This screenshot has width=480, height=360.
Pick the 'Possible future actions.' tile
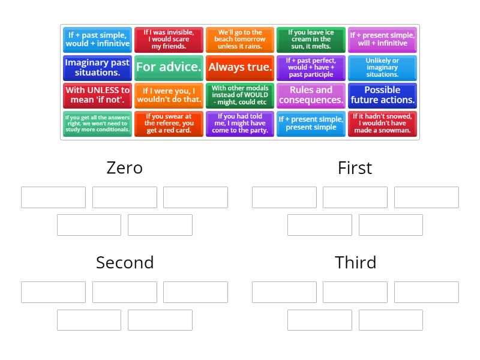(x=382, y=95)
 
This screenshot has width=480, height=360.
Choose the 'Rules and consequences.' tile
(x=311, y=95)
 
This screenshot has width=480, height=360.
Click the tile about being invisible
(x=169, y=40)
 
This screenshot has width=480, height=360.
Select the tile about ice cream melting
(x=311, y=40)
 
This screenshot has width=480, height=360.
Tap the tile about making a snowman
(x=382, y=124)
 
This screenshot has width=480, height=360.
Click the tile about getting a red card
(x=169, y=124)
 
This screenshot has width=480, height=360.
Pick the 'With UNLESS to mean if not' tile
(x=97, y=95)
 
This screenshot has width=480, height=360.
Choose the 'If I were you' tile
(x=169, y=95)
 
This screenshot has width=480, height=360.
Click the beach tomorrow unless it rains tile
(x=239, y=40)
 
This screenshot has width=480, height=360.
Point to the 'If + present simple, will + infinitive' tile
(x=382, y=40)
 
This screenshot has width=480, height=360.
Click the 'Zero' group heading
(x=125, y=168)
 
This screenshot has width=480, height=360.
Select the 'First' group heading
(x=355, y=168)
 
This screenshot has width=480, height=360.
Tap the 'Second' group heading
(x=125, y=263)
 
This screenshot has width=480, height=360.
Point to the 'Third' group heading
(x=355, y=263)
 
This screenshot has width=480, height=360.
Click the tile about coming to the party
(x=239, y=124)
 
